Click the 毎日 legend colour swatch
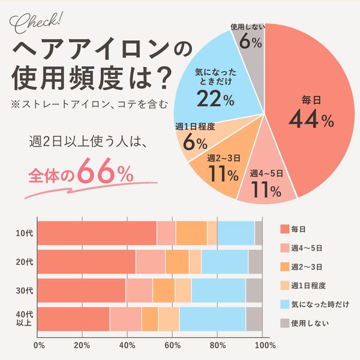[285, 229]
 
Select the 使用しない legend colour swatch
[285, 322]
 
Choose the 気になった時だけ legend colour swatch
[285, 304]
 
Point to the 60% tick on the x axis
[173, 345]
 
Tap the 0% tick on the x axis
[39, 345]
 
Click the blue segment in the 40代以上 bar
[212, 319]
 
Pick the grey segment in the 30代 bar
[254, 290]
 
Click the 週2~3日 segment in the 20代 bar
[177, 262]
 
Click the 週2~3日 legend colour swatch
[285, 266]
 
